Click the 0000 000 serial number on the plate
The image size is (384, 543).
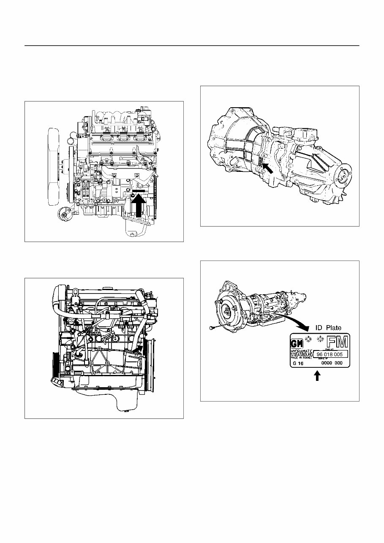pos(332,363)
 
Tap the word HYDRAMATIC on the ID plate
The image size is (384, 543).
pos(302,351)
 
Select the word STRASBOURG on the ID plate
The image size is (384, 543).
pos(302,355)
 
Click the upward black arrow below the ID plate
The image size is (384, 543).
pos(317,375)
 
